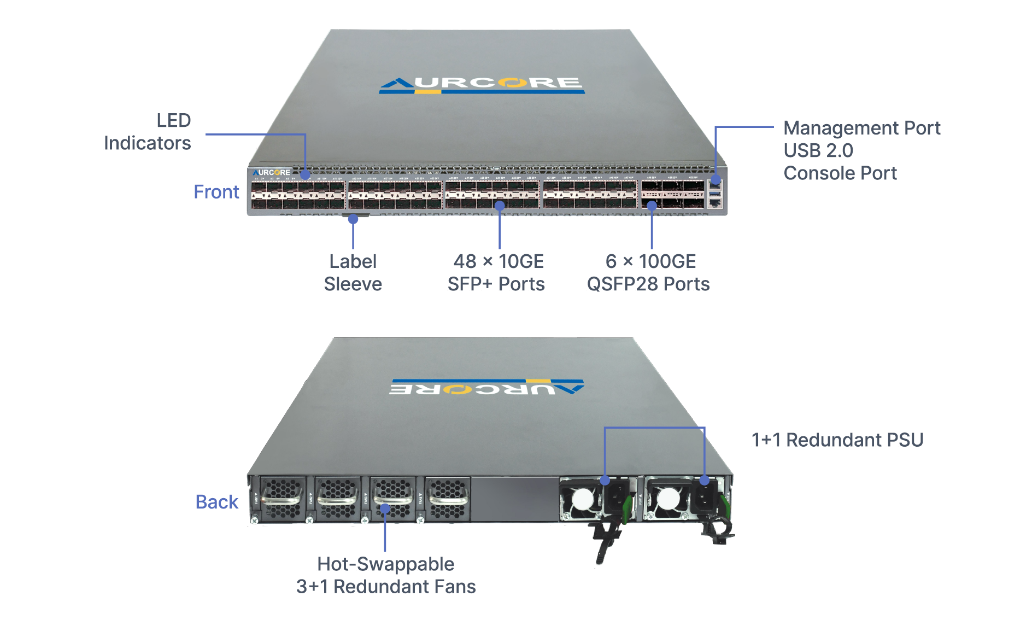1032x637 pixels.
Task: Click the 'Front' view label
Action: click(216, 192)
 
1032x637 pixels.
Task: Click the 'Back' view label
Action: click(217, 502)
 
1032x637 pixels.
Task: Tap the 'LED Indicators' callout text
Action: click(148, 132)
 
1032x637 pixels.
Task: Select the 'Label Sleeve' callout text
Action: click(353, 273)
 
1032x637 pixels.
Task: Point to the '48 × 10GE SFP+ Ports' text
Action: click(496, 273)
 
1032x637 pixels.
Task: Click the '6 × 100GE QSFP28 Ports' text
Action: click(648, 273)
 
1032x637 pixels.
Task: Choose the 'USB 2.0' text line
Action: click(818, 150)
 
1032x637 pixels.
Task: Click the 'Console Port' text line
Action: click(840, 173)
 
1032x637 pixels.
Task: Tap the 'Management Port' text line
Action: click(862, 128)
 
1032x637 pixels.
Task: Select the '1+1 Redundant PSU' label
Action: click(837, 440)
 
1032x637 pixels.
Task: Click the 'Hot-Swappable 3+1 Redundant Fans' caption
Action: click(386, 575)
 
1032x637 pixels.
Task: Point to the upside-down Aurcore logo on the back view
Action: click(486, 387)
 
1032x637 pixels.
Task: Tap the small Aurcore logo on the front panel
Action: click(272, 172)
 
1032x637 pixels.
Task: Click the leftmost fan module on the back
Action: click(282, 499)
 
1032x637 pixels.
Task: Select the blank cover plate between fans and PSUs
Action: click(514, 499)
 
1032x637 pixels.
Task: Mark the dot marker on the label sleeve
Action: click(353, 219)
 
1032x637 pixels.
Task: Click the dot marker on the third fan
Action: click(385, 509)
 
